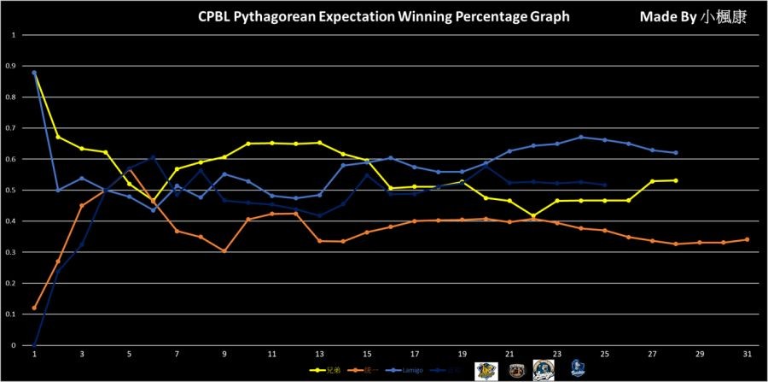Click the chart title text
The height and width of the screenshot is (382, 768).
pyautogui.click(x=382, y=16)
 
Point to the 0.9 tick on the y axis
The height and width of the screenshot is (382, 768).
pyautogui.click(x=12, y=67)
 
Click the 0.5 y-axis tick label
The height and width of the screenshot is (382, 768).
pyautogui.click(x=12, y=191)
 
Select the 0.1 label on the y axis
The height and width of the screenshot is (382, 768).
pyautogui.click(x=12, y=314)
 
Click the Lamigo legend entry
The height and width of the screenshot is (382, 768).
pyautogui.click(x=405, y=370)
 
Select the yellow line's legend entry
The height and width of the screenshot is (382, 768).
pyautogui.click(x=323, y=370)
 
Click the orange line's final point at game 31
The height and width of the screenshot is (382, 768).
pyautogui.click(x=747, y=239)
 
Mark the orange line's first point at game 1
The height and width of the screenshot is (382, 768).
pyautogui.click(x=34, y=308)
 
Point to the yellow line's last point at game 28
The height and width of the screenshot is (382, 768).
pyautogui.click(x=676, y=180)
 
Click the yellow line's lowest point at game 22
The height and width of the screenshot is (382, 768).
pyautogui.click(x=533, y=216)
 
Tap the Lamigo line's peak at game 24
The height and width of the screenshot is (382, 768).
pyautogui.click(x=580, y=137)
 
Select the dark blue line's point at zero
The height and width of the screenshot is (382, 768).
pyautogui.click(x=34, y=345)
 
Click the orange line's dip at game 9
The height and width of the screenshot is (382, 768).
pyautogui.click(x=224, y=251)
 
